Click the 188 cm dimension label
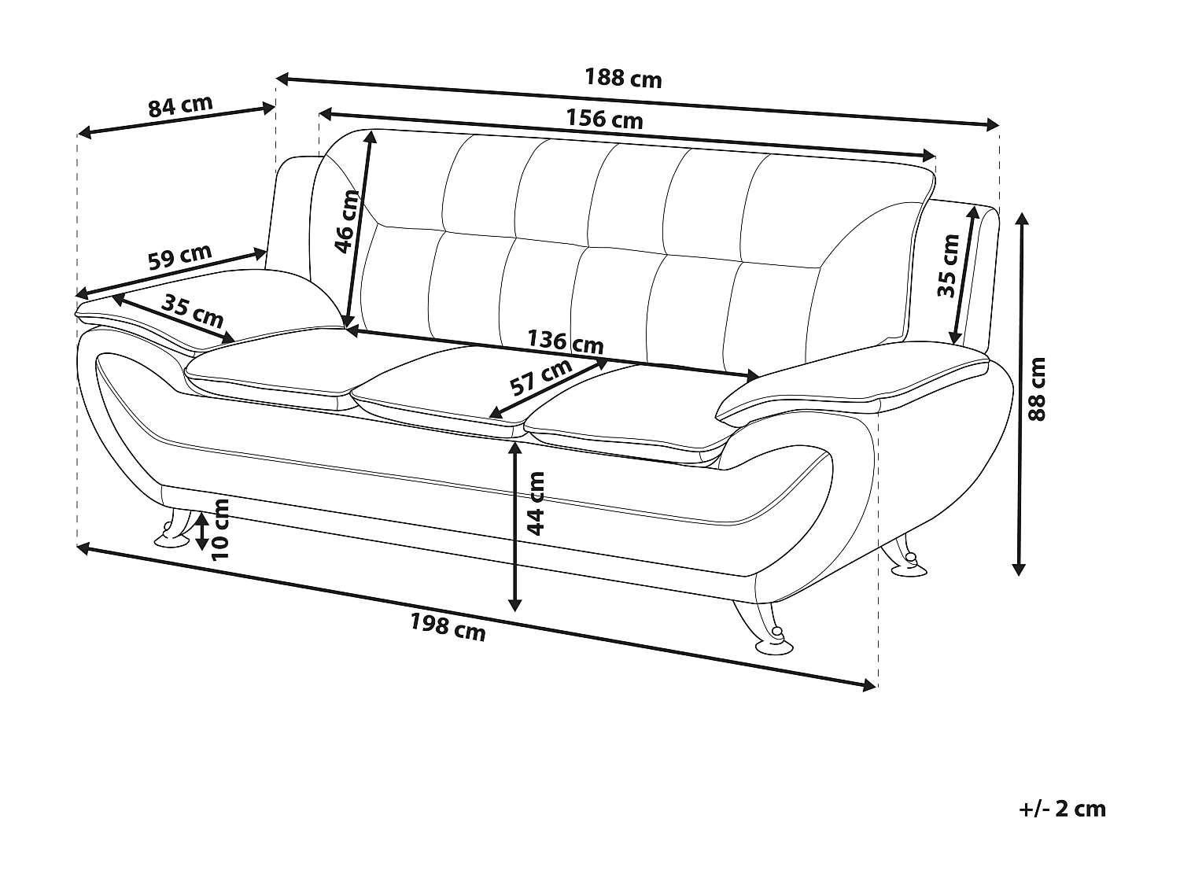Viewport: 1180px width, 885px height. pyautogui.click(x=623, y=79)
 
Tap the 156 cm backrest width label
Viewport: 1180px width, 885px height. pyautogui.click(x=604, y=119)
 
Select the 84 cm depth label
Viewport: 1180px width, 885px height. pyautogui.click(x=180, y=106)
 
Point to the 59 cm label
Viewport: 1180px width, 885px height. pyautogui.click(x=180, y=256)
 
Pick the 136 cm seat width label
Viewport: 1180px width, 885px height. pyautogui.click(x=565, y=341)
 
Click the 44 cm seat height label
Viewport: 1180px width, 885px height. pyautogui.click(x=535, y=503)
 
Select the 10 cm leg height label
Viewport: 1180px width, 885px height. pyautogui.click(x=221, y=528)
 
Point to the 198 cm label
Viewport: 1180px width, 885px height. pyautogui.click(x=448, y=626)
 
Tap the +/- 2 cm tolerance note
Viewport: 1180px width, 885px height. pyautogui.click(x=1062, y=809)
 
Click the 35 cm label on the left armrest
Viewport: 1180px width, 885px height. pyautogui.click(x=193, y=311)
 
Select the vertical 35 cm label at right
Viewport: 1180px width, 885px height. pyautogui.click(x=949, y=265)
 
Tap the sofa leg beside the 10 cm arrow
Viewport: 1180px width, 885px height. pyautogui.click(x=172, y=529)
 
